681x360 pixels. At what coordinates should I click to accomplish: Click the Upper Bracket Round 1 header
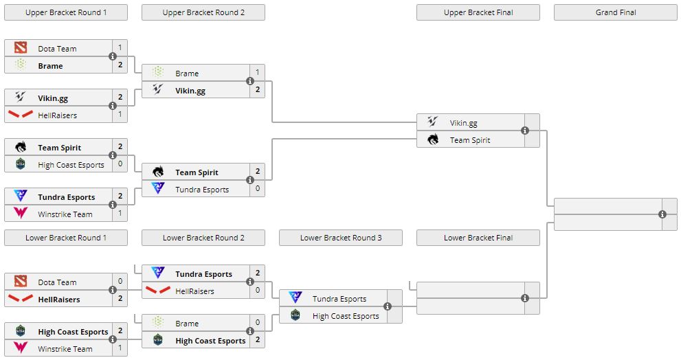tap(66, 12)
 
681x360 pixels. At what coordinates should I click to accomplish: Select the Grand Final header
tap(615, 12)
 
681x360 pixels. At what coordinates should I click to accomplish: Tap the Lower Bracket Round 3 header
tap(341, 238)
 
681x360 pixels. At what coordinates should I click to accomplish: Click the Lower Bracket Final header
tap(478, 238)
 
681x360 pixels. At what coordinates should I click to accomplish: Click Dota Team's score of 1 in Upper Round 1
tap(120, 48)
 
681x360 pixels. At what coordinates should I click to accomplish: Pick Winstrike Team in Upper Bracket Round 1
tap(65, 214)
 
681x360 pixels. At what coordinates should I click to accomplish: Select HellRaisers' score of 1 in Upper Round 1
tap(120, 115)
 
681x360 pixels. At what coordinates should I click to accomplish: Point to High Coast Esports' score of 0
tap(120, 164)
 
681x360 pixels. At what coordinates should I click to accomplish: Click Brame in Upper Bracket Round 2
tap(187, 74)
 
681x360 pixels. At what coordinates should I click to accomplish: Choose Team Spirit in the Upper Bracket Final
tap(470, 140)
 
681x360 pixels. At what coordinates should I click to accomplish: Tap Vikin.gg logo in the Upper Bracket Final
tap(432, 122)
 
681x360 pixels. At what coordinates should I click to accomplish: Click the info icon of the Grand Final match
tap(662, 214)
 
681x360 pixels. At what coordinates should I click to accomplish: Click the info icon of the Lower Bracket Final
tap(525, 298)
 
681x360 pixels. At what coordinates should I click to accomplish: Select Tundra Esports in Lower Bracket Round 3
tap(339, 299)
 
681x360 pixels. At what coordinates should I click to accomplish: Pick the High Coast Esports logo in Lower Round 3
tap(295, 315)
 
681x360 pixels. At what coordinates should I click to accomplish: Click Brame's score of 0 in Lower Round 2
tap(258, 323)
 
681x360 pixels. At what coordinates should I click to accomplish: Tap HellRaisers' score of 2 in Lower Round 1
tap(120, 299)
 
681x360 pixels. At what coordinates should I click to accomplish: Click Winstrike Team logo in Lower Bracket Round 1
tap(21, 348)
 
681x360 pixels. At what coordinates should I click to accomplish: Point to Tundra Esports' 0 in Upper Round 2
tap(258, 189)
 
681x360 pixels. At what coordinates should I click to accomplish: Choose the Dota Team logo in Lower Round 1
tap(21, 281)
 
